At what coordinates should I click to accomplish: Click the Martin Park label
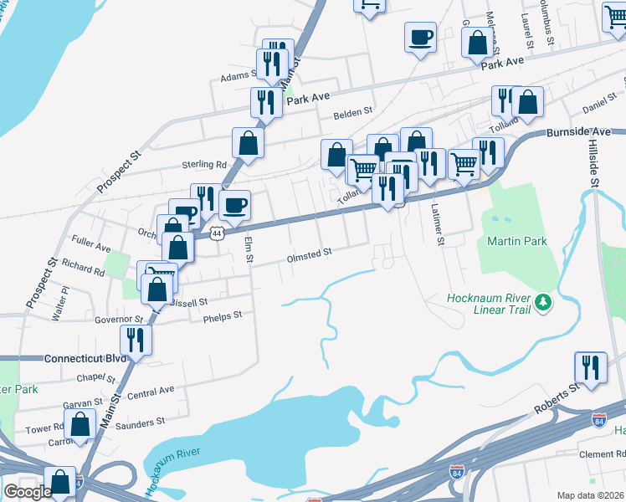click(x=516, y=241)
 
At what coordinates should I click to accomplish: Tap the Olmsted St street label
click(x=310, y=251)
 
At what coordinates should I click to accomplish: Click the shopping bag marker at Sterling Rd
click(x=249, y=142)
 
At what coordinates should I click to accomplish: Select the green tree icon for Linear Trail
click(x=544, y=300)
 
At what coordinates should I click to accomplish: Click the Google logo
click(x=28, y=491)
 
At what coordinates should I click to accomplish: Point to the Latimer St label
click(x=436, y=226)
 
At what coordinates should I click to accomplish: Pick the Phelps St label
click(x=224, y=315)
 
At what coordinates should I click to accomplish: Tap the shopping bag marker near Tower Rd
click(x=80, y=424)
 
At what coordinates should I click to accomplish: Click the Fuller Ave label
click(x=91, y=248)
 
